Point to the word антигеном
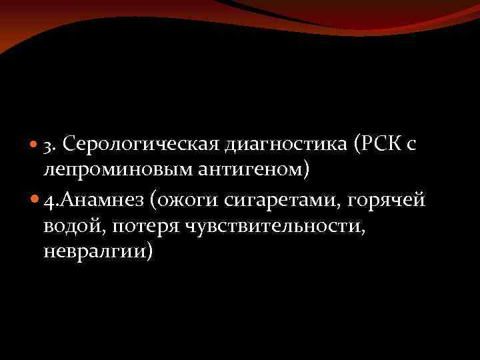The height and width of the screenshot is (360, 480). (251, 170)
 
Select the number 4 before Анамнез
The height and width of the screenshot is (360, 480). (48, 201)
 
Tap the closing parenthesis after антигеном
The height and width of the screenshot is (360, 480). (306, 170)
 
